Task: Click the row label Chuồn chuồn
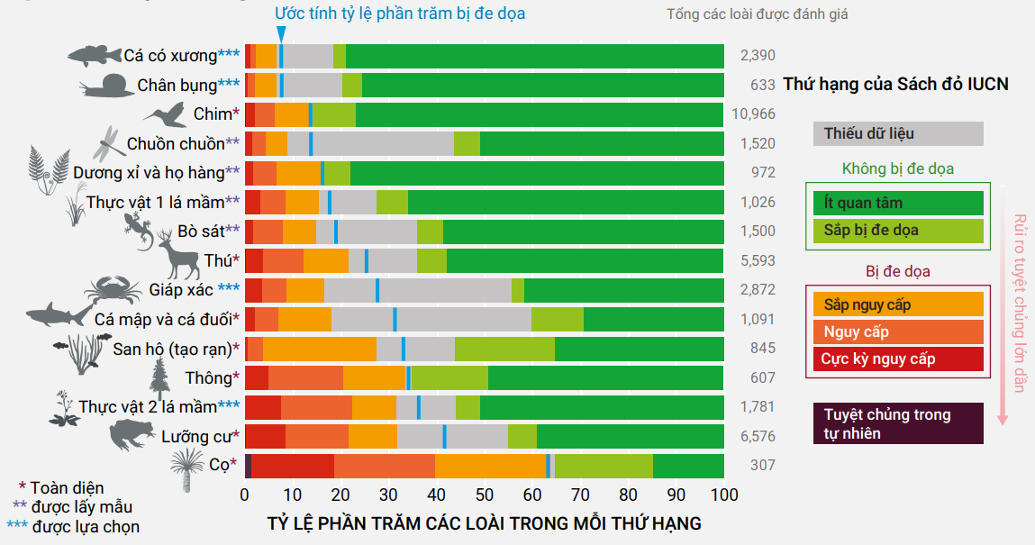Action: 176,143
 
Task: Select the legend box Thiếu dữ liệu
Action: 898,133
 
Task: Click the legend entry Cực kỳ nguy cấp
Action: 898,359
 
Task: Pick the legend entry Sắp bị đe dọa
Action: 898,230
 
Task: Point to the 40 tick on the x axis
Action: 436,495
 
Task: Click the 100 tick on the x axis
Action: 723,495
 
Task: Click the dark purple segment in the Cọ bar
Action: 248,466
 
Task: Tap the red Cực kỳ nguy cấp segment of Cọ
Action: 293,466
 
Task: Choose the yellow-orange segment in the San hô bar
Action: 320,349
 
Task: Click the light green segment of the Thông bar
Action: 449,377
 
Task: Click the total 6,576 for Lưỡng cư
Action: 757,437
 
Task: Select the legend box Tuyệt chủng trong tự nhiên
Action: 898,423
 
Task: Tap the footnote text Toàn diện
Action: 67,487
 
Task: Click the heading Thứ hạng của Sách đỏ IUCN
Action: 895,85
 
